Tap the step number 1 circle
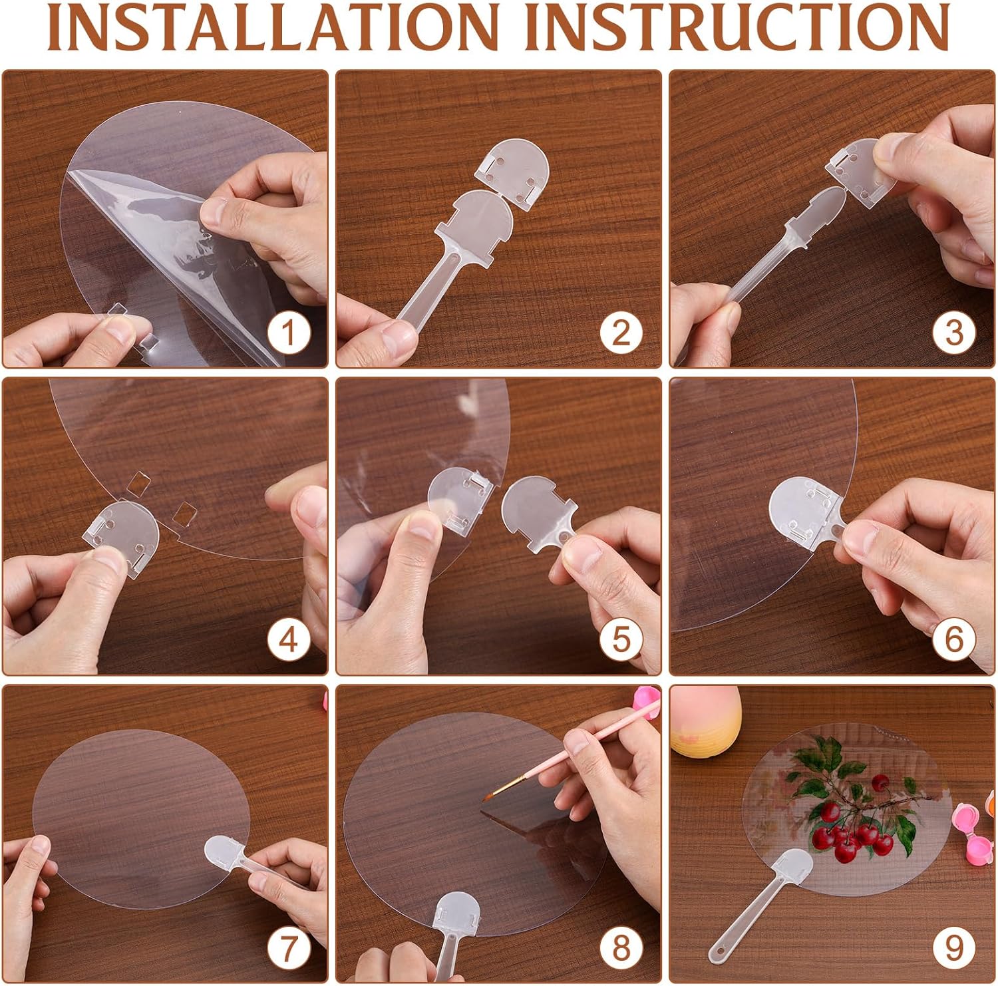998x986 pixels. pyautogui.click(x=287, y=331)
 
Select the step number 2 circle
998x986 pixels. pyautogui.click(x=621, y=331)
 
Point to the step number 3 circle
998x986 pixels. pyautogui.click(x=954, y=331)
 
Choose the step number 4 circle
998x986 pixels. pyautogui.click(x=287, y=640)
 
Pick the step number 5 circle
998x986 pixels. pyautogui.click(x=621, y=640)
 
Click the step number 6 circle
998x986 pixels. pyautogui.click(x=954, y=640)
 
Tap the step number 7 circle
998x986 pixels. pyautogui.click(x=287, y=947)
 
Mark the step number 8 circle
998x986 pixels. pyautogui.click(x=621, y=947)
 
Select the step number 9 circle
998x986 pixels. pyautogui.click(x=954, y=947)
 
